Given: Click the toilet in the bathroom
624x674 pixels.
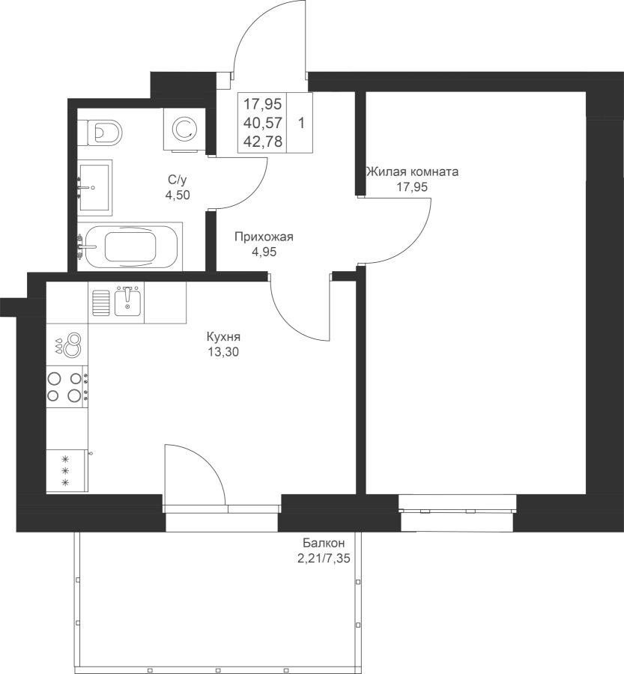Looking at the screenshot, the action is click(105, 132).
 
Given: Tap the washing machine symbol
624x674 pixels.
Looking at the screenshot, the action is click(184, 129).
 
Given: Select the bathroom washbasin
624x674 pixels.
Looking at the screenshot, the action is click(94, 187).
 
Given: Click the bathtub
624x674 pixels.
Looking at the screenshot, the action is click(130, 246).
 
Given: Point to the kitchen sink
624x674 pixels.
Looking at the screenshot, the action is click(127, 299).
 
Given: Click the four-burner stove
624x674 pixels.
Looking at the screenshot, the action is click(67, 386).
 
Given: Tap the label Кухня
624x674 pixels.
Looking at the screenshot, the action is click(223, 336).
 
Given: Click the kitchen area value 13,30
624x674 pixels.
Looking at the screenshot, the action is click(223, 353).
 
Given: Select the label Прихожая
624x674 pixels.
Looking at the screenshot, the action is click(264, 237).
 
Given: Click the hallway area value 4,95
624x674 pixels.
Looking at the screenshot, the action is click(264, 252).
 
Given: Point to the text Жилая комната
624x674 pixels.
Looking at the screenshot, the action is click(412, 172).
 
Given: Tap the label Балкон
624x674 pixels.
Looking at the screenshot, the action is click(324, 542).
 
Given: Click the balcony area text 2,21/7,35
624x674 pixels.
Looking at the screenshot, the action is click(324, 559).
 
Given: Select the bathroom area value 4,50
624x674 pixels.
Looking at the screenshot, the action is click(178, 195).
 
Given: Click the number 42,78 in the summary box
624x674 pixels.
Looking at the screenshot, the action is click(263, 142).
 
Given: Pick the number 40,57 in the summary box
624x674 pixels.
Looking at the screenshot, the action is click(263, 123).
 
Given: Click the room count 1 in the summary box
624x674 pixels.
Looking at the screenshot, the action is click(301, 124).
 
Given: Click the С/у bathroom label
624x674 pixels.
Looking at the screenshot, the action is click(178, 179).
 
